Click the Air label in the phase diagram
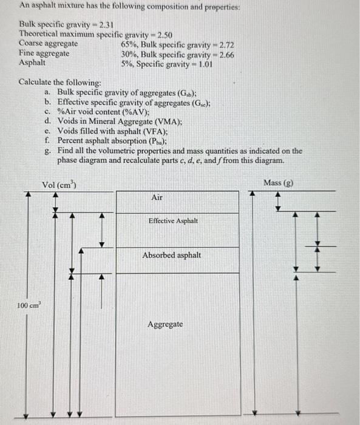(x=157, y=198)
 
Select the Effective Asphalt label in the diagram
(x=172, y=221)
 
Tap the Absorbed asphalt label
(x=172, y=255)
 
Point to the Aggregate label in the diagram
(x=165, y=324)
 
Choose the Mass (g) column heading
(x=279, y=183)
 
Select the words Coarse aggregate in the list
(x=48, y=44)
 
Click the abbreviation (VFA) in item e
(x=155, y=131)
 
